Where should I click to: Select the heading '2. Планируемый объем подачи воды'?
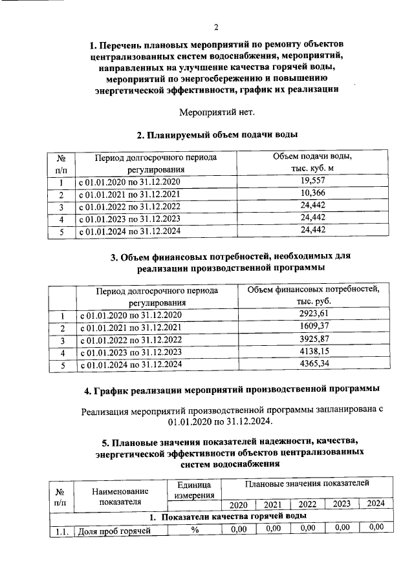click(x=217, y=135)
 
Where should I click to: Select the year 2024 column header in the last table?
click(x=376, y=504)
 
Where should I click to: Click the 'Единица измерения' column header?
click(x=193, y=490)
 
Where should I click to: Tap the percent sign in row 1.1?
click(x=193, y=531)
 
